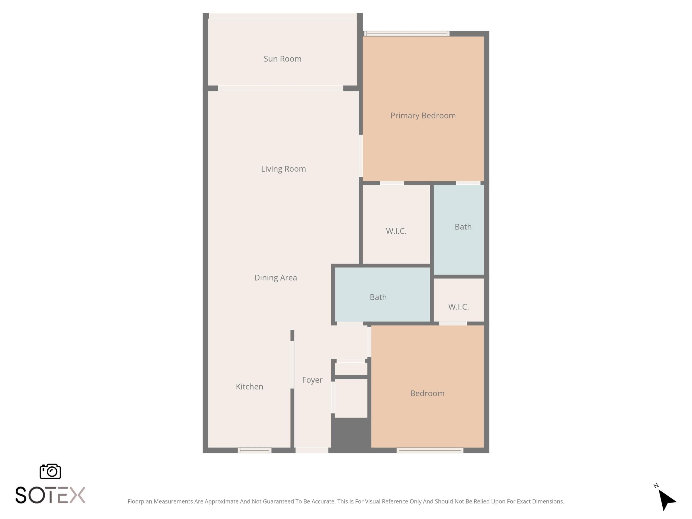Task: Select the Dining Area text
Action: click(275, 278)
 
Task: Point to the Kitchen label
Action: click(249, 387)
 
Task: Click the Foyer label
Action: click(312, 380)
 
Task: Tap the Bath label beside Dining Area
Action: click(378, 297)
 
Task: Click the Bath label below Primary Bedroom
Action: click(463, 227)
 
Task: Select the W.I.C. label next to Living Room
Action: click(396, 231)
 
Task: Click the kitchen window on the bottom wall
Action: click(254, 451)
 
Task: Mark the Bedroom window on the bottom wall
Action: click(430, 451)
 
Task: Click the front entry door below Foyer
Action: click(312, 451)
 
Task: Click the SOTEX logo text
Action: click(50, 495)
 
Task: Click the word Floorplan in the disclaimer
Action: click(140, 501)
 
